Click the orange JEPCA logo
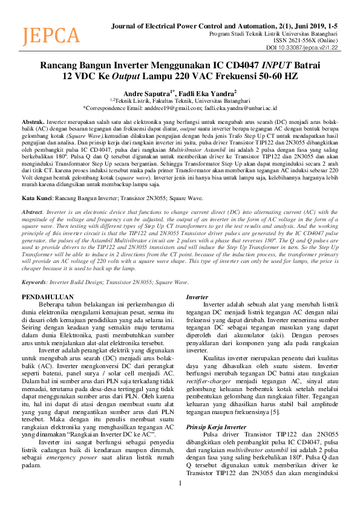(x=51, y=36)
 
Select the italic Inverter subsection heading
(x=197, y=297)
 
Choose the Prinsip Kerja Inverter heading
(x=217, y=426)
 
